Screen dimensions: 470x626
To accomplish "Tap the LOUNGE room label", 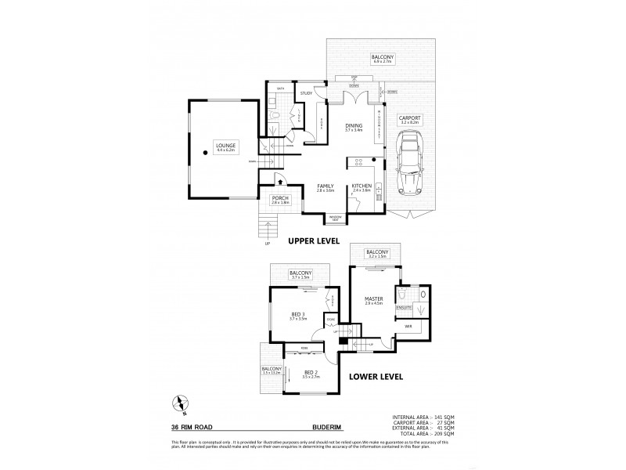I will click(x=227, y=146).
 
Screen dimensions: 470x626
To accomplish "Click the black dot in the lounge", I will click(x=205, y=153).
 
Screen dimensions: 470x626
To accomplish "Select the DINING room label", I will click(x=354, y=125).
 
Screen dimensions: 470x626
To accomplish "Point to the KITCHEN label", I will click(x=362, y=186).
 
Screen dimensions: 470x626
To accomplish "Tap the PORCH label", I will click(x=279, y=199).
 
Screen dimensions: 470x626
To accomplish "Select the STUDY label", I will click(x=306, y=94).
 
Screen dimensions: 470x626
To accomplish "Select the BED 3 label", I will click(x=298, y=316).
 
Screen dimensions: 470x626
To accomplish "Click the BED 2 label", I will click(x=310, y=373).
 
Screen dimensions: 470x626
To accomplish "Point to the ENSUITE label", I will click(x=403, y=309).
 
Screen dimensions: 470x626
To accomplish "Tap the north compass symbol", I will click(x=182, y=404).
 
